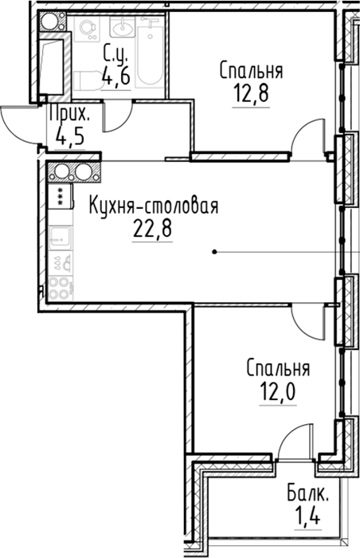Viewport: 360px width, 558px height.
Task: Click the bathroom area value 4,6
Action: click(x=115, y=75)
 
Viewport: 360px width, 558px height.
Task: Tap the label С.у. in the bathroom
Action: click(x=115, y=53)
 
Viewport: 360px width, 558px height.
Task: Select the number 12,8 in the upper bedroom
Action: click(x=251, y=93)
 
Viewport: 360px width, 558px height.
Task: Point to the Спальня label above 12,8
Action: click(x=251, y=70)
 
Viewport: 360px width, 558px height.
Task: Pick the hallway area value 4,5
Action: click(x=70, y=136)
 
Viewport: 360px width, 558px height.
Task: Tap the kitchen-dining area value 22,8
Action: click(x=153, y=228)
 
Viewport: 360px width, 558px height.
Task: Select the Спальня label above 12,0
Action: click(x=278, y=368)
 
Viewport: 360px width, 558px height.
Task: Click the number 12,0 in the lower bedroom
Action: click(x=278, y=392)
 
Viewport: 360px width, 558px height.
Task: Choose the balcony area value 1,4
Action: click(x=307, y=517)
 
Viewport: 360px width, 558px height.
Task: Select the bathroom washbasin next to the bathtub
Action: click(x=122, y=26)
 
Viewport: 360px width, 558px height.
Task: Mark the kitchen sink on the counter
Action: click(x=60, y=238)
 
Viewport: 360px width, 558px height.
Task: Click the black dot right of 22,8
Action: click(x=214, y=253)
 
